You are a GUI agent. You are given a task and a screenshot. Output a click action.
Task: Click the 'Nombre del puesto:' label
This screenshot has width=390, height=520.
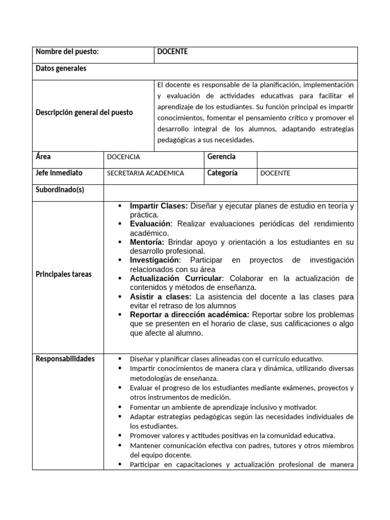67,52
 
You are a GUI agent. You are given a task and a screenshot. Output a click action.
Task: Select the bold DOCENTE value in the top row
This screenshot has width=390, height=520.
172,52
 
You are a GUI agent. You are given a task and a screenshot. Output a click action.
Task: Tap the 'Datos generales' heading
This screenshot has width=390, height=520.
61,69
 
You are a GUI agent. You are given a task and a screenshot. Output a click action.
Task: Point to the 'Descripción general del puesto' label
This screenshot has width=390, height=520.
84,112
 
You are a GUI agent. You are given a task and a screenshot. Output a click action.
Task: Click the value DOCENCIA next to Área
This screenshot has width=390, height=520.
123,157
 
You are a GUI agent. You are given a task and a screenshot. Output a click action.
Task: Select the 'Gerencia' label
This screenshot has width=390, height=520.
221,157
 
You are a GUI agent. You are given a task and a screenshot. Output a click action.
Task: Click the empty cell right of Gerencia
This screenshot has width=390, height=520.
307,159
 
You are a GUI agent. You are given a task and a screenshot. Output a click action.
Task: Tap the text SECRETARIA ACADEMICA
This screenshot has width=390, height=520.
145,173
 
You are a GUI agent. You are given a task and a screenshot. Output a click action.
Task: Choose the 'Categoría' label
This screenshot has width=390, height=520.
222,173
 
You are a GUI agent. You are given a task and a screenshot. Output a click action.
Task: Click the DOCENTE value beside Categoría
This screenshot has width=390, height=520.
275,173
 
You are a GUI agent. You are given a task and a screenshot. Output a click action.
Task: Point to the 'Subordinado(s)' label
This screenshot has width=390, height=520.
60,189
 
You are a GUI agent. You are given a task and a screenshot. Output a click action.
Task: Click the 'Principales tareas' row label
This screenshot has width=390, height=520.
64,274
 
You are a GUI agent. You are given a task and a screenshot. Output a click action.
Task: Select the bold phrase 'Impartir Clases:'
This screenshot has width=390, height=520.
159,206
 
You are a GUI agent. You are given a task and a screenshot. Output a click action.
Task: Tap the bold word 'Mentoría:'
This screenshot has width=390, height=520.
147,242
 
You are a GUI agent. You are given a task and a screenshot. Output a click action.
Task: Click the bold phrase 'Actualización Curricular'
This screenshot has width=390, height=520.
176,279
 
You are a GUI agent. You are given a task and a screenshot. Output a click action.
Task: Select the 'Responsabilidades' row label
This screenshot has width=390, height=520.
65,359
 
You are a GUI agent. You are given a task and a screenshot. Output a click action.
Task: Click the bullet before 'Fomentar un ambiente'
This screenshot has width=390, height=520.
119,407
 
